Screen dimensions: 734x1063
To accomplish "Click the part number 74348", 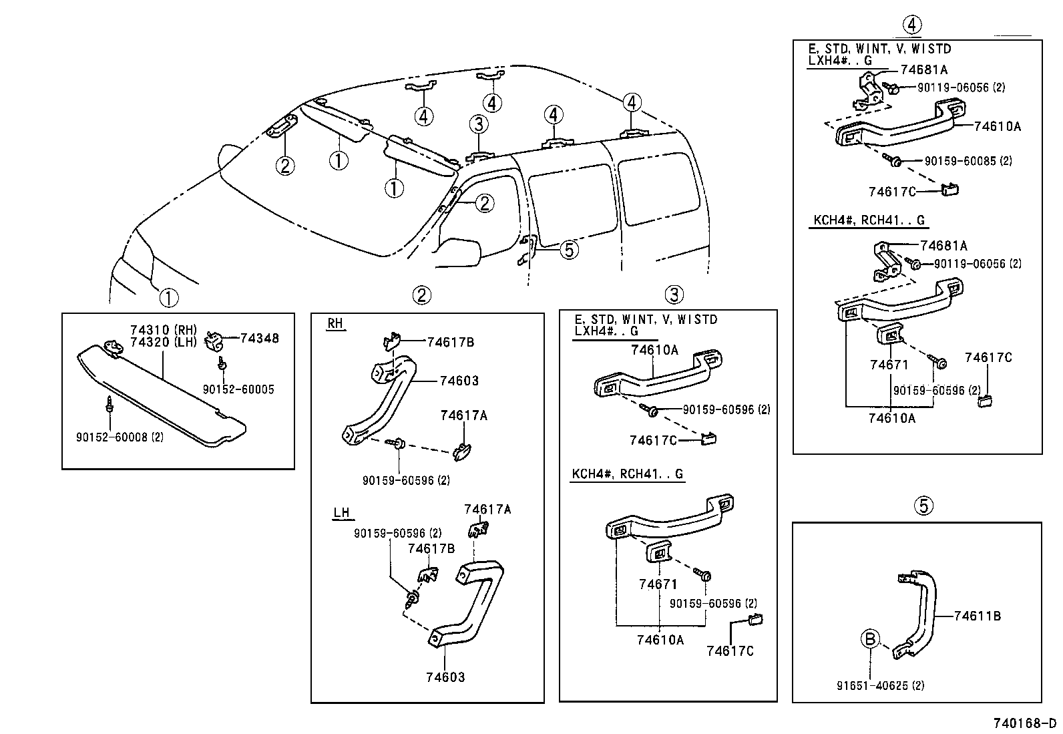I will tap(259, 339).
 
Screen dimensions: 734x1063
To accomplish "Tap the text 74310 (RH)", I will tap(162, 330).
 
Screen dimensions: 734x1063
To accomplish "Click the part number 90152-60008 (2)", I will tap(120, 437).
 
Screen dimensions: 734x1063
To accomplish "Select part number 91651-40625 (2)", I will tap(880, 685).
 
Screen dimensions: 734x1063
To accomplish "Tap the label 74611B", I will tap(977, 616).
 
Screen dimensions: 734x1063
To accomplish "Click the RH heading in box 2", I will tap(335, 324).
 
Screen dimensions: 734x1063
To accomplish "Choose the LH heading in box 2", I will tap(341, 513).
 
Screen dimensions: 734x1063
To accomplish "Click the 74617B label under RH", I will tap(450, 343).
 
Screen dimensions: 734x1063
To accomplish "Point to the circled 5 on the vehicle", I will tap(568, 250).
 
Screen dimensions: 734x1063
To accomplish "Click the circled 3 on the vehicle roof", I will tap(477, 124).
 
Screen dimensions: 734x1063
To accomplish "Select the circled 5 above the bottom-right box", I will tap(923, 506).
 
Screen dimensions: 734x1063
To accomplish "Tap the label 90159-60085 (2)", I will tap(968, 161).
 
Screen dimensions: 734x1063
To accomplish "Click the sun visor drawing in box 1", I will tap(160, 394).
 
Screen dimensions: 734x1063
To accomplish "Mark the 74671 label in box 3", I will tap(658, 584).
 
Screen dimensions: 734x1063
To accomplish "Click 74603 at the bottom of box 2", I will tap(445, 677).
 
